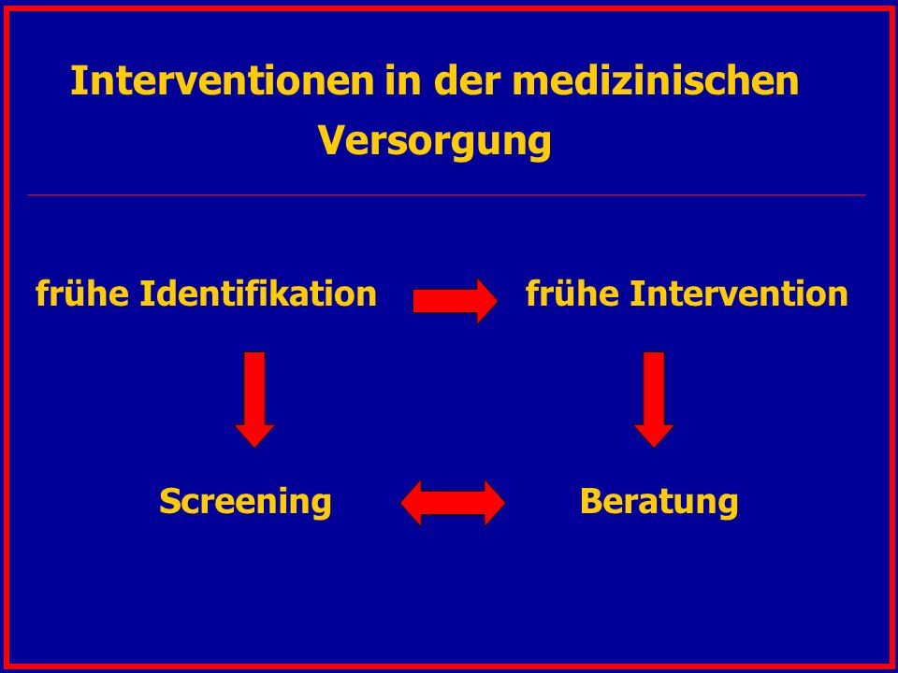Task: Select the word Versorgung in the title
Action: coord(435,142)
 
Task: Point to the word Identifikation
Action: coord(258,294)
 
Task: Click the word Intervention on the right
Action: coord(739,294)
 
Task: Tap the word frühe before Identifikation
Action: coord(82,294)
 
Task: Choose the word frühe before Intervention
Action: coord(572,294)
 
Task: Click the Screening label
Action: coord(245,502)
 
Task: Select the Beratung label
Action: coord(659,502)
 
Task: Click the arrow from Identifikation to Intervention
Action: coord(456,301)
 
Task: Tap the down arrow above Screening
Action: coord(254,399)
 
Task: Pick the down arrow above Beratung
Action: coord(654,399)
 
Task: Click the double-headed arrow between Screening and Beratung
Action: coord(453,503)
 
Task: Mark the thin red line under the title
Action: coord(447,195)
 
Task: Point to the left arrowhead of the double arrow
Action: coord(412,503)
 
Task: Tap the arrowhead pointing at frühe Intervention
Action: coord(487,301)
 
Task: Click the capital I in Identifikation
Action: coord(145,294)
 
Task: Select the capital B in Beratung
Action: coord(591,502)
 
